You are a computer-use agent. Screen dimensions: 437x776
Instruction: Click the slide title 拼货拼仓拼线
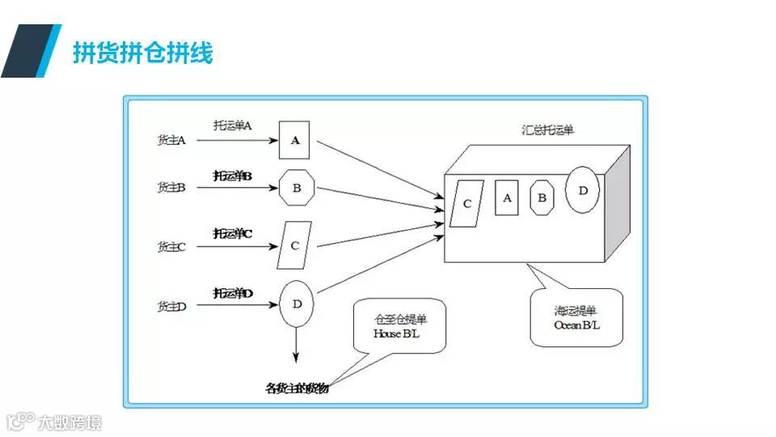[x=142, y=53]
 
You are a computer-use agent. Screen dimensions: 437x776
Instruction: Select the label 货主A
[x=172, y=140]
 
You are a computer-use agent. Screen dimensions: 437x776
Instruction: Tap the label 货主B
[x=172, y=188]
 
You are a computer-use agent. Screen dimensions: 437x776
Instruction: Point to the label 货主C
[x=172, y=247]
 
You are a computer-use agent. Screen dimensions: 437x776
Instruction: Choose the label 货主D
[x=172, y=306]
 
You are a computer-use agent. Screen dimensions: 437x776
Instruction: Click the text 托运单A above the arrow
[x=234, y=126]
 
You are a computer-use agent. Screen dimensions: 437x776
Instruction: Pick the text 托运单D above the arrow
[x=234, y=293]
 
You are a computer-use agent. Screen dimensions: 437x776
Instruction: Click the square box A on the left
[x=295, y=140]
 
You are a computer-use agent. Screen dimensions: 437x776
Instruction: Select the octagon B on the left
[x=297, y=189]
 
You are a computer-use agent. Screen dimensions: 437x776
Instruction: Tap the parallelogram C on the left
[x=295, y=244]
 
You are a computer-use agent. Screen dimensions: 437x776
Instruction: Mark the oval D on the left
[x=297, y=304]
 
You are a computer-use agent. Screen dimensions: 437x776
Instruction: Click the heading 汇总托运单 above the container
[x=547, y=129]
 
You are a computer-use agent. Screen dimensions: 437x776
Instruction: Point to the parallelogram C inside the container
[x=466, y=203]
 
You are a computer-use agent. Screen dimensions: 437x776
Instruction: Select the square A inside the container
[x=507, y=197]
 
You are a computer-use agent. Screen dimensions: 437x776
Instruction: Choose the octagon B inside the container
[x=542, y=197]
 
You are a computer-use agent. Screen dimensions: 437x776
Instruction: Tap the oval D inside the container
[x=582, y=189]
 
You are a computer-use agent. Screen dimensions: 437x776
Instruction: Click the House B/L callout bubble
[x=399, y=325]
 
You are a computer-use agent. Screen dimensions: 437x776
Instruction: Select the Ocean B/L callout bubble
[x=577, y=317]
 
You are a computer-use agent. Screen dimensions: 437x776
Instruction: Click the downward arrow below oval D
[x=297, y=346]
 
